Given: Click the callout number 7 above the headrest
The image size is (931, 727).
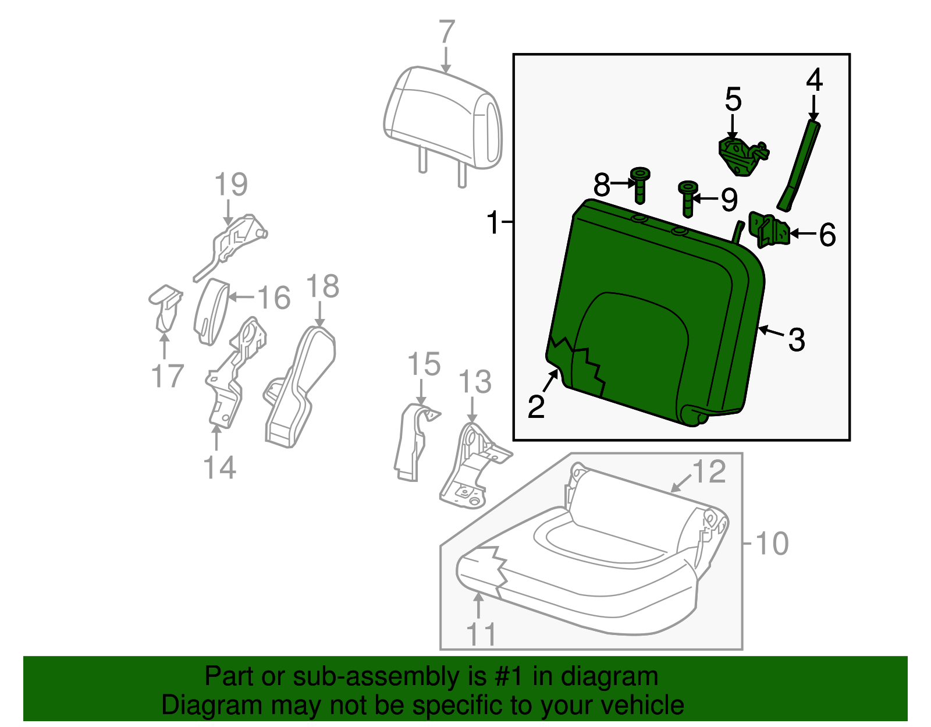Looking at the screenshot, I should click(x=446, y=32).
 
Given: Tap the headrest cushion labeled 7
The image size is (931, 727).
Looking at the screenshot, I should click(x=442, y=116).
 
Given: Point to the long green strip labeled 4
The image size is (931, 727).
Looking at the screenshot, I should click(x=800, y=166).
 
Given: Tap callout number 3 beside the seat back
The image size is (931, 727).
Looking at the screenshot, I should click(x=797, y=339).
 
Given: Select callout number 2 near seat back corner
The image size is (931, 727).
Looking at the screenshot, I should click(x=536, y=406).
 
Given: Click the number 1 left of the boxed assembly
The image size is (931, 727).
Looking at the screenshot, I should click(x=493, y=222).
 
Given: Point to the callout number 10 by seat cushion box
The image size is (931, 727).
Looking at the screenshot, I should click(x=772, y=543).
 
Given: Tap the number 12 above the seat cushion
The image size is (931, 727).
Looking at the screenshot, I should click(x=709, y=471).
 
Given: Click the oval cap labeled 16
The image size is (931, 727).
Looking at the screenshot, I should click(x=211, y=311).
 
